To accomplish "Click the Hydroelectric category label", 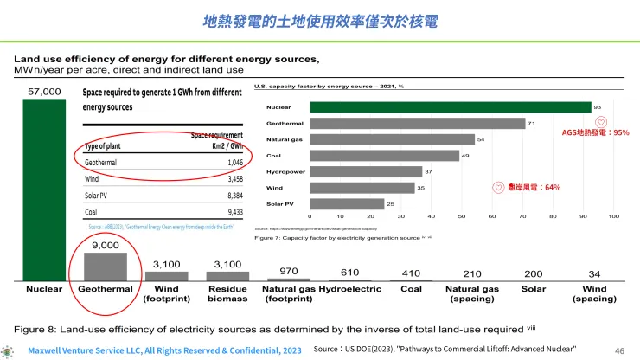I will tap(350, 288).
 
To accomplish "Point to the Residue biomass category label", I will tap(227, 293).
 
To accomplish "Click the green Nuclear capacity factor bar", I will tap(450, 107).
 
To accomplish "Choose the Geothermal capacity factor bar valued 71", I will tap(417, 124).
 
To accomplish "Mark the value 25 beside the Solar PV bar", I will tap(391, 203).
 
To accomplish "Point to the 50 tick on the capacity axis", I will tap(462, 216).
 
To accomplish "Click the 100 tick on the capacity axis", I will tap(614, 216).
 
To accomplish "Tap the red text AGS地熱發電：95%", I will tap(596, 133).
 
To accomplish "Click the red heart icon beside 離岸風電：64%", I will tap(498, 187).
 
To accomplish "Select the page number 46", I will tap(618, 350).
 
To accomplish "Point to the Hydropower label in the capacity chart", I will tap(284, 171).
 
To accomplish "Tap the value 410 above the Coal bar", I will tap(411, 274).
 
